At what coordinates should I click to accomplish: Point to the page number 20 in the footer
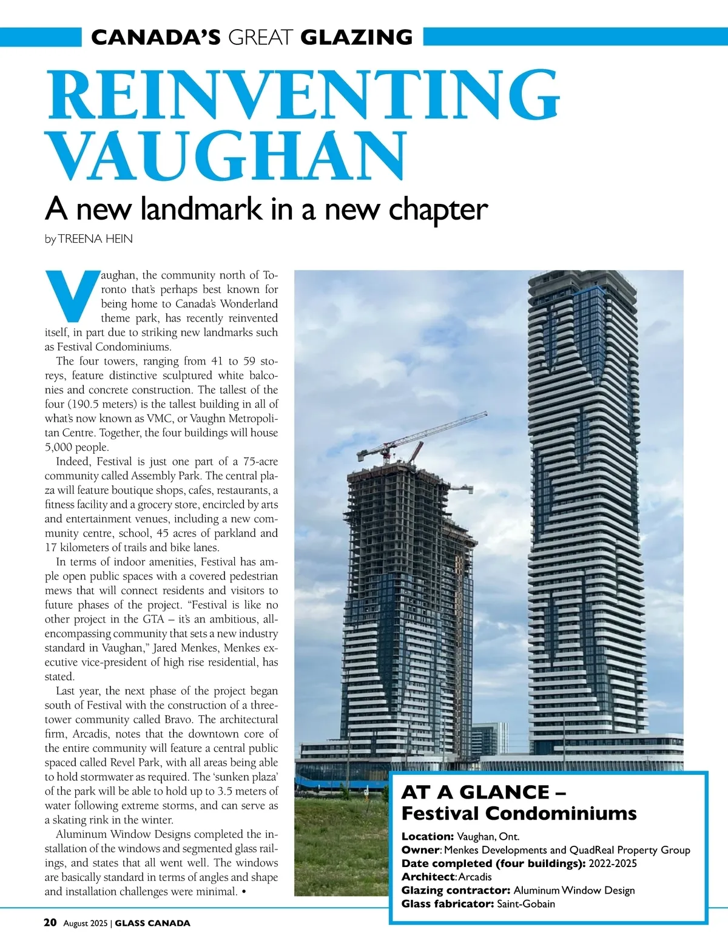click(x=50, y=923)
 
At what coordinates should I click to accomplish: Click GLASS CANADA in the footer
click(x=153, y=923)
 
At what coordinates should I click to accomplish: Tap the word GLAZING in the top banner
click(x=357, y=38)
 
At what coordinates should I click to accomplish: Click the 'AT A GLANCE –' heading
click(x=484, y=792)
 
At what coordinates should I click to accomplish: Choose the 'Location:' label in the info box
click(x=428, y=837)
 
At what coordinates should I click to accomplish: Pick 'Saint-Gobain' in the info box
click(x=526, y=904)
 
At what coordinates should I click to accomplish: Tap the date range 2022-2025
click(x=613, y=863)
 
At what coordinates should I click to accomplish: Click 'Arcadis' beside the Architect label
click(x=475, y=877)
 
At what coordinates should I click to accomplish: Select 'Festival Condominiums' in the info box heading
click(x=519, y=814)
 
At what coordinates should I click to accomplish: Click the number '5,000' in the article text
click(x=59, y=447)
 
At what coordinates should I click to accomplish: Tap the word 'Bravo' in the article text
click(x=179, y=720)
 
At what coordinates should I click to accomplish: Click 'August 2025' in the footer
click(x=85, y=923)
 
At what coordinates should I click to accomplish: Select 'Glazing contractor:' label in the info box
click(x=456, y=891)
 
